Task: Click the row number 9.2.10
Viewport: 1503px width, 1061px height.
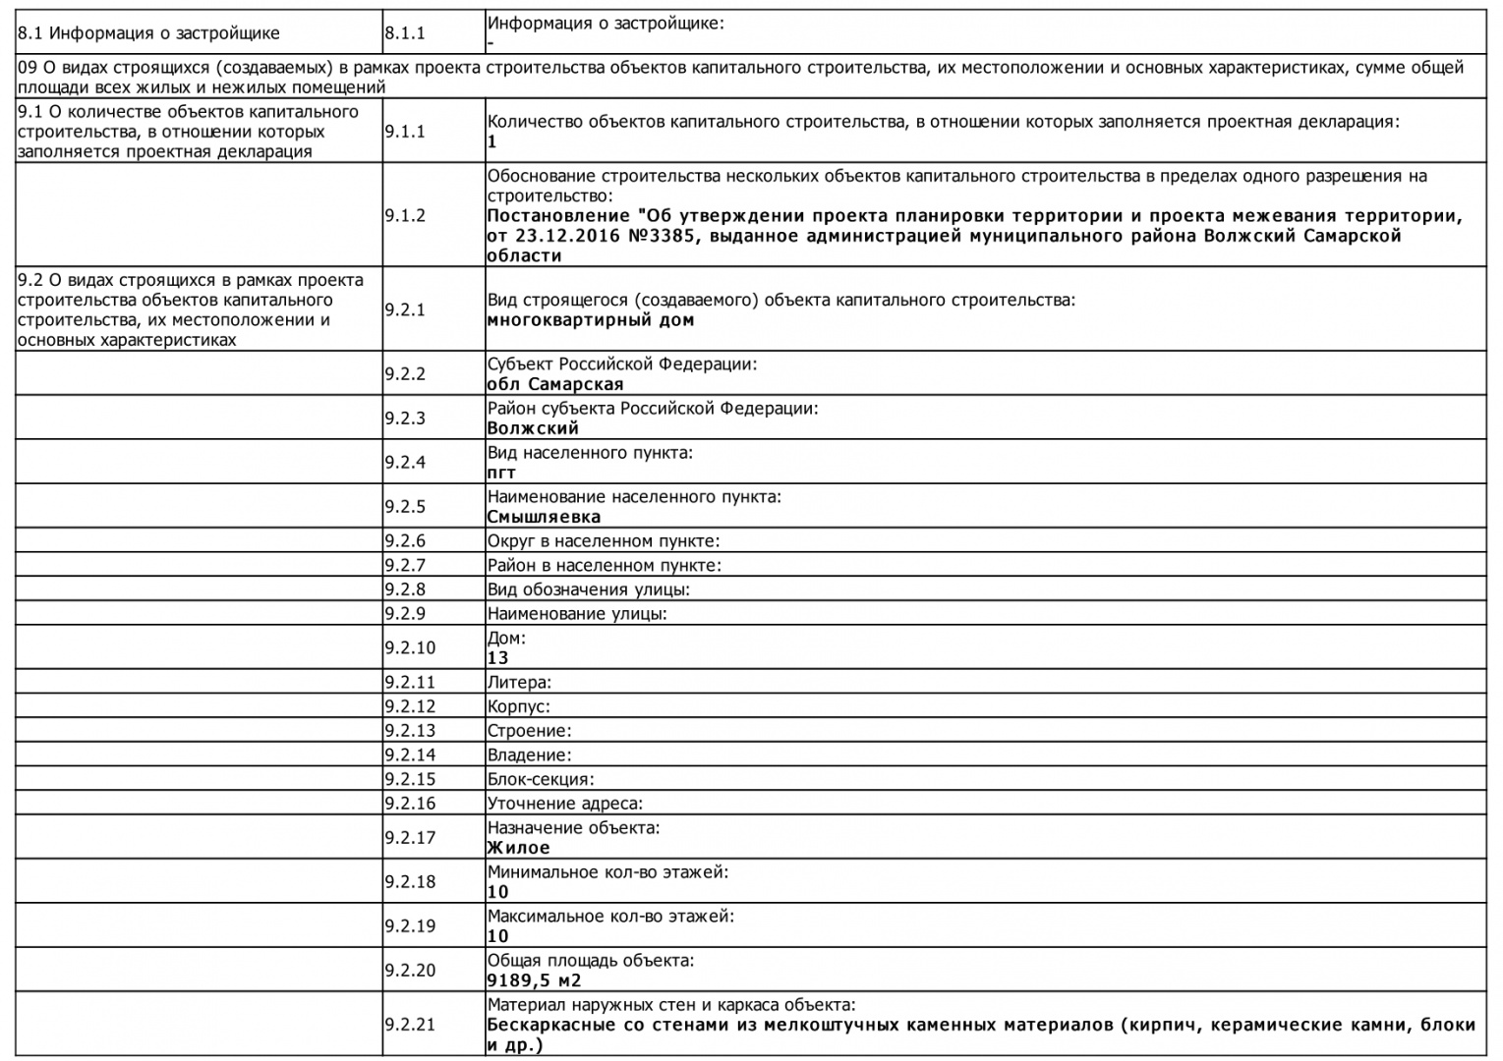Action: tap(410, 648)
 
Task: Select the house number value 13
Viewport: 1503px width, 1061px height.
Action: tap(498, 658)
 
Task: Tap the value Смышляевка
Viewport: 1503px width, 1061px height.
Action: tap(544, 517)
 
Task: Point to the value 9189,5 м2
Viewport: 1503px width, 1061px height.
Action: tap(535, 980)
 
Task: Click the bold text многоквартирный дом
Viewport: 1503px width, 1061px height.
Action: tap(591, 319)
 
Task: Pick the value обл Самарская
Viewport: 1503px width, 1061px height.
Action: tap(555, 384)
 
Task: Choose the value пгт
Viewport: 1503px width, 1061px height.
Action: tap(501, 473)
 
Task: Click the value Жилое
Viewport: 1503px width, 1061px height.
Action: tap(519, 848)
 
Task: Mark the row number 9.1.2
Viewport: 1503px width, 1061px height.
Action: tap(405, 215)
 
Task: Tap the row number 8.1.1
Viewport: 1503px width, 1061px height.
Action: tap(405, 32)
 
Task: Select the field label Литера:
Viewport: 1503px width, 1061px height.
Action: tap(519, 682)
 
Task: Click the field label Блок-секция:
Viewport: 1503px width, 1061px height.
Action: tap(541, 779)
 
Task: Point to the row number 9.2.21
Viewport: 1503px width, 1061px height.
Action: tap(410, 1025)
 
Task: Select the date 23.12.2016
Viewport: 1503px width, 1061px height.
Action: tap(564, 236)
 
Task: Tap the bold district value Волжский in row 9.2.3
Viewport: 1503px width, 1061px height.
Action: tap(533, 428)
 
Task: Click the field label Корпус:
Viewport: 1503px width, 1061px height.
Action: tap(518, 706)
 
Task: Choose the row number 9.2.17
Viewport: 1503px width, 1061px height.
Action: tap(410, 838)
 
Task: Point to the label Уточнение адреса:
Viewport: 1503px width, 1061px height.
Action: tap(565, 804)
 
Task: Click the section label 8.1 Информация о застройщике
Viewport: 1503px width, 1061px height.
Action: tap(149, 33)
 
